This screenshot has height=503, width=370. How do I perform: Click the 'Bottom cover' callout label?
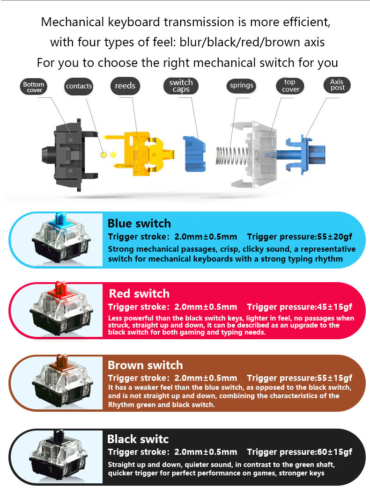[34, 87]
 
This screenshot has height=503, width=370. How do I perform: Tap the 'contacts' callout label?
[79, 86]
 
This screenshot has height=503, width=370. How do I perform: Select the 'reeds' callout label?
[125, 86]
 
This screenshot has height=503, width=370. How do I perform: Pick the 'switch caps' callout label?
[181, 86]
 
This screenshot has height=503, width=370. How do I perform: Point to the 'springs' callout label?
[242, 86]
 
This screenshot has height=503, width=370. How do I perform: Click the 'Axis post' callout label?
[337, 85]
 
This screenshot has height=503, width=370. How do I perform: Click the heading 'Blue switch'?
[139, 223]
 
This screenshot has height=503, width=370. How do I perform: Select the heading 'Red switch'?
[139, 294]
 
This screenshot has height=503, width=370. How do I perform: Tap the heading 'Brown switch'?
[145, 365]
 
